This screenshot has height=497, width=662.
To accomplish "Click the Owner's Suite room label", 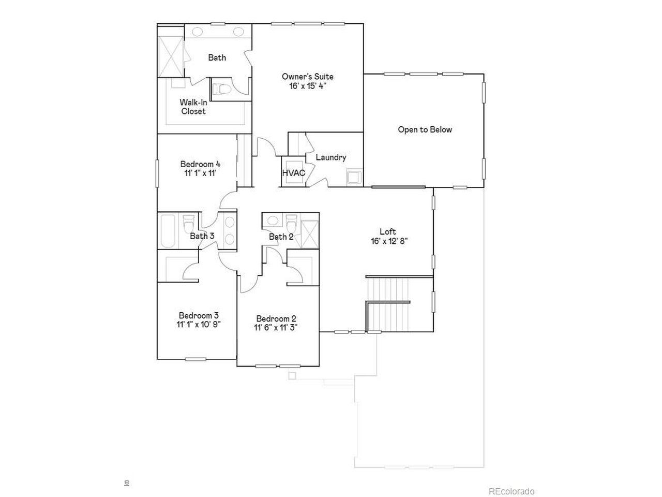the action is coord(307,76).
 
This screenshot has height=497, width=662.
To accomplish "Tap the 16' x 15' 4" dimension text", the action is coord(308,86).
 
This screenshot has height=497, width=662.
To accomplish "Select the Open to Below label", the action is coord(425,130).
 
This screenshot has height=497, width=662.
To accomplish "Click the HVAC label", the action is coord(293,173).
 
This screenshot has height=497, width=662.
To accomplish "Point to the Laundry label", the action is coord(331,157).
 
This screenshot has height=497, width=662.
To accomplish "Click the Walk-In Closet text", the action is coord(193,107).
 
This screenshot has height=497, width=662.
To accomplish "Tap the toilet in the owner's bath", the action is coord(222,89).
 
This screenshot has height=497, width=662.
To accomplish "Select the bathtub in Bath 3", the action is coord(168,231).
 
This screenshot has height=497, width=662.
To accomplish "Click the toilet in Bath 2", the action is coord(291,223).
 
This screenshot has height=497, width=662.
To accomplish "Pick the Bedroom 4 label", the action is coord(200,164).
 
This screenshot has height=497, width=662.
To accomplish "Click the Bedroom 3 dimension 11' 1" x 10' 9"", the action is coord(199,325).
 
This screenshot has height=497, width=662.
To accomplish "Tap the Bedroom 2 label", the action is coord(276,318).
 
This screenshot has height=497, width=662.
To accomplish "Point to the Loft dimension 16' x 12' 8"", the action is coord(389,241).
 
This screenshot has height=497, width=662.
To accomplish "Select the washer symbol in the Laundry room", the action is coord(354,177).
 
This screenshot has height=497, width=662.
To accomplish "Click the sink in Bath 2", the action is coord(273,220).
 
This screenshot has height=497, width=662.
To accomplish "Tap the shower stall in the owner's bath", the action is coord(171,56).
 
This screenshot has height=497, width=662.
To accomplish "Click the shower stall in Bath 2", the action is coord(309,235).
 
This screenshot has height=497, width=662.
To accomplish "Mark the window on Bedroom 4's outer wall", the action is coord(157,173).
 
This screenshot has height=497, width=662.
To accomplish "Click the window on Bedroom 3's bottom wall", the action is coord(195,359).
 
